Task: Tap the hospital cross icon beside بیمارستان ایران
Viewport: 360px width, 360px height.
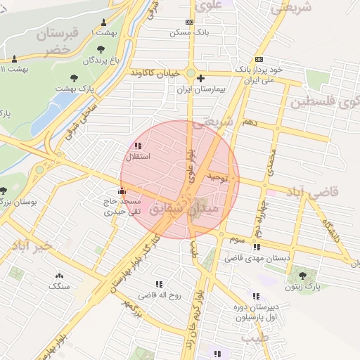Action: [x=201, y=78]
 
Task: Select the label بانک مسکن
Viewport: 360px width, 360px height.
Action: [x=190, y=32]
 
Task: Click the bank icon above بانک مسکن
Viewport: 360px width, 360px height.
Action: [x=188, y=22]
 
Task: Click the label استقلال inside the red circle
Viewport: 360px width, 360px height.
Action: [x=134, y=156]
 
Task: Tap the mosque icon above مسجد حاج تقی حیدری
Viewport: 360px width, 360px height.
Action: [x=122, y=190]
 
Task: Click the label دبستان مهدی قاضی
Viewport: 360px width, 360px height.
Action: [x=257, y=258]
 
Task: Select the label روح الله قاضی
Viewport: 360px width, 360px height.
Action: [x=159, y=295]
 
